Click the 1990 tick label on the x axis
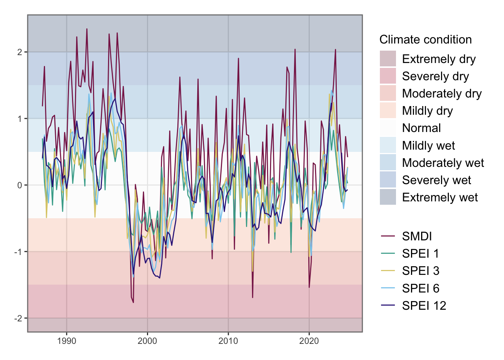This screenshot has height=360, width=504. coord(66,341)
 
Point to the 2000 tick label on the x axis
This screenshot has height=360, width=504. coord(147,341)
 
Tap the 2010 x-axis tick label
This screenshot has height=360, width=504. coord(228,341)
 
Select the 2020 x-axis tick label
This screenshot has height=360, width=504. coord(309,341)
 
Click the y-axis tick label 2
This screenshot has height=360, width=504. coord(19,52)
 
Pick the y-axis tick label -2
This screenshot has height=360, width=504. coord(18,318)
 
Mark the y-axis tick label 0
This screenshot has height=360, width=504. coord(19,185)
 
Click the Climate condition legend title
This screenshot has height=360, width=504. coord(425,40)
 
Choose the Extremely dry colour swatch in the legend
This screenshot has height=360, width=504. coord(388,59)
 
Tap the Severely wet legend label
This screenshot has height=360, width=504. coord(436,180)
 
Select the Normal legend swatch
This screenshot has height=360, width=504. coord(388,128)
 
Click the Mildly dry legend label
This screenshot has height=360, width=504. coord(427,111)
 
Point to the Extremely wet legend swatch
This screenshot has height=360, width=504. coord(388,197)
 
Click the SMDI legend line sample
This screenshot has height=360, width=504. coord(388,236)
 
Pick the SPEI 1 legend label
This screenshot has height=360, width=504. coord(420,254)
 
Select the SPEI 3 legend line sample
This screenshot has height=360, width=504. coord(388,271)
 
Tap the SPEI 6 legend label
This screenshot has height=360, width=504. coord(420,288)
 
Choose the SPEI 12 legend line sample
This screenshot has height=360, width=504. coord(388,306)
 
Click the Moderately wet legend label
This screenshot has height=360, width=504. coord(443,163)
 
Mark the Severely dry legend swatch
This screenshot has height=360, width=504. coord(388,76)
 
